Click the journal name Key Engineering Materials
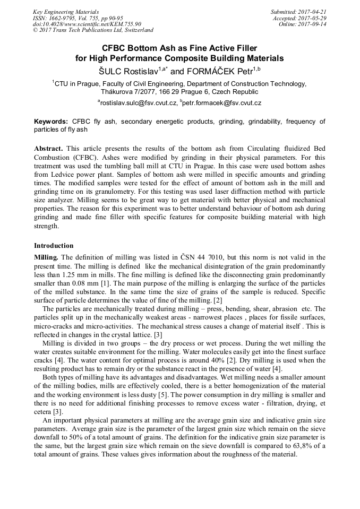tap(66, 12)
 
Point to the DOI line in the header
tap(87, 24)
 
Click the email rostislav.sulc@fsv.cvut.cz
tap(139, 102)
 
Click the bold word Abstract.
tap(49, 149)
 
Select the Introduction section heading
tap(54, 246)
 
